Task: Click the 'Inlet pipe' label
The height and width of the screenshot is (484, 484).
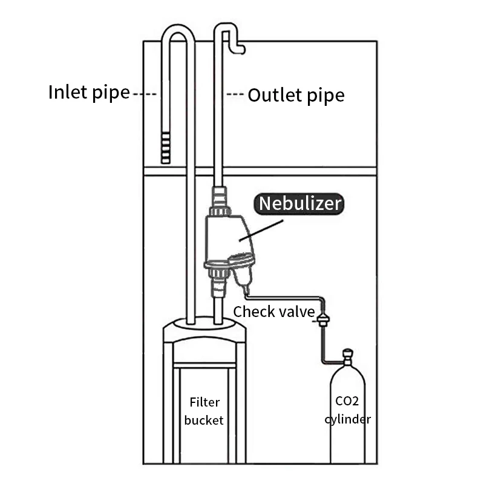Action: [x=89, y=93]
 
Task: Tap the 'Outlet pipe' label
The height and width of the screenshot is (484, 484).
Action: [x=296, y=95]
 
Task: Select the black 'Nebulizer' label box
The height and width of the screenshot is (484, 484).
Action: [x=300, y=204]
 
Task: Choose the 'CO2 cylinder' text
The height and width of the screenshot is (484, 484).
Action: [x=348, y=410]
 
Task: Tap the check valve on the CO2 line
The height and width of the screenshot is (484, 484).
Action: [x=324, y=316]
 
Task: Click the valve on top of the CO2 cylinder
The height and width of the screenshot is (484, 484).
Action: [x=347, y=356]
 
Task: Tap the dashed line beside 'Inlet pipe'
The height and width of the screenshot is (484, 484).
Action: [x=145, y=94]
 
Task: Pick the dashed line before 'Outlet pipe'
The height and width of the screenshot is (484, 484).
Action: [x=235, y=95]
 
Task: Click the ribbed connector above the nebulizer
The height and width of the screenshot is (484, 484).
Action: [x=218, y=197]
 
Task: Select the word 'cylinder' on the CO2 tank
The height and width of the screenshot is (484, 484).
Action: [x=348, y=419]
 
